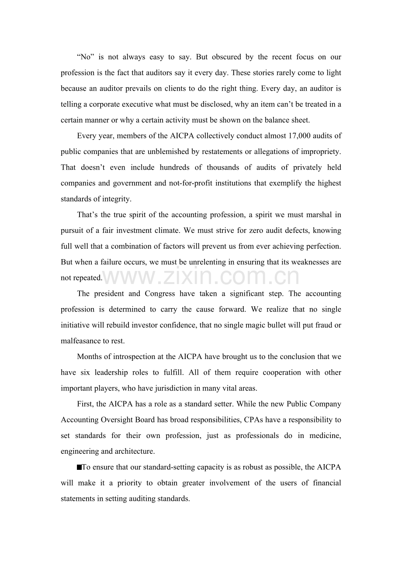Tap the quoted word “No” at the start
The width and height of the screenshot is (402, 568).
84,57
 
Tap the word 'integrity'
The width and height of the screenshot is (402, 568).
116,199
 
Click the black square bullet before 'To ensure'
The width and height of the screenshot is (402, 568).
79,467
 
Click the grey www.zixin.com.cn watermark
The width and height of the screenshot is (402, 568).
201,277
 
